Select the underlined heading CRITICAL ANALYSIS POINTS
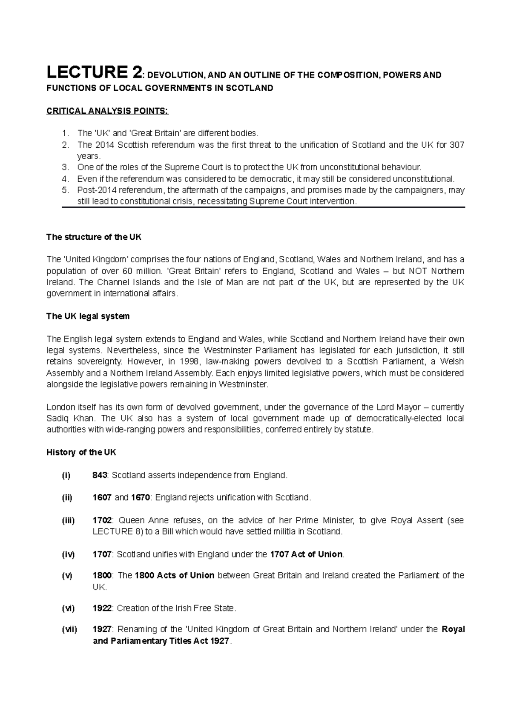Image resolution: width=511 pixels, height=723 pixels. pos(107,112)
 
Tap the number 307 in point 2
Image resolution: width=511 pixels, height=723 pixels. pos(456,145)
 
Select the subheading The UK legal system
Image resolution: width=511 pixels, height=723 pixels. pos(88,316)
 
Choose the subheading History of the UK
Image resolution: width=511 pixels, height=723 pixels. pos(81,452)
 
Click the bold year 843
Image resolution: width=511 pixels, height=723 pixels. pos(100,475)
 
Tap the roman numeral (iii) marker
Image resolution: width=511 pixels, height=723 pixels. pos(68,520)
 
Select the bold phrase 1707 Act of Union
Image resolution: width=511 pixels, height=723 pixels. pos(306,554)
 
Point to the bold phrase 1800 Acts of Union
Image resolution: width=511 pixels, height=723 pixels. pos(175,576)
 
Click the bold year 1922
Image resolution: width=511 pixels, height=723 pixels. pos(102,608)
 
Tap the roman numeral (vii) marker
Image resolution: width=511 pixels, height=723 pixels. pos(69,629)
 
